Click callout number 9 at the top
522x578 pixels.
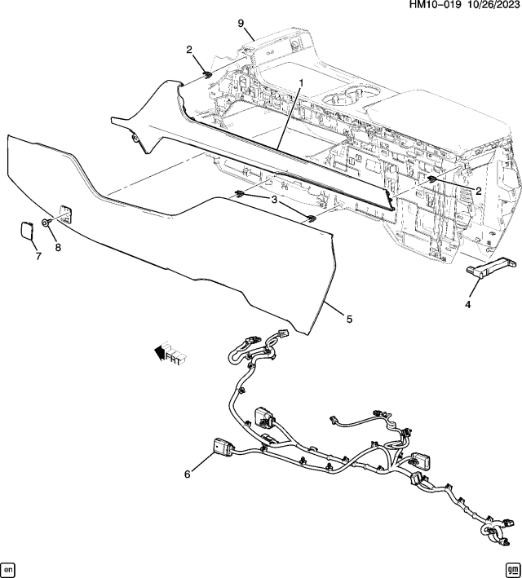point(241,23)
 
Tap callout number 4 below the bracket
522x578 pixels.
point(468,304)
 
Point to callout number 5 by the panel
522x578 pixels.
point(349,319)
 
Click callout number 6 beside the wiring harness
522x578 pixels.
point(188,473)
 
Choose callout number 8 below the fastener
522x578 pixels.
point(58,248)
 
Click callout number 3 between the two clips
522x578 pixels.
point(275,200)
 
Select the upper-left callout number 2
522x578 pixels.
point(189,50)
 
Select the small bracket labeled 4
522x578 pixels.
point(489,267)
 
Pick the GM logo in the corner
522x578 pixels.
point(511,568)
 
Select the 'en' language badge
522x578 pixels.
point(9,568)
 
